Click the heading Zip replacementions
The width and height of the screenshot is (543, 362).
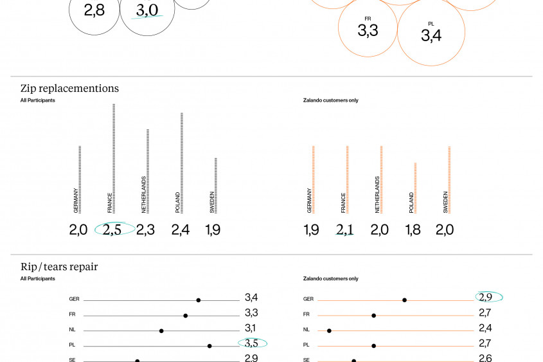(x=69, y=89)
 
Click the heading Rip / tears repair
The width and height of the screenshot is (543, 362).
(x=59, y=267)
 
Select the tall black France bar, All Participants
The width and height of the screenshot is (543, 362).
(x=114, y=158)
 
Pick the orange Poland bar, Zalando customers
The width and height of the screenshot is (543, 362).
(x=415, y=187)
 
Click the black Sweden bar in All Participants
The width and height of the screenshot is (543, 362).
(x=215, y=185)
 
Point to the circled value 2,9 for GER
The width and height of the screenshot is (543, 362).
(x=485, y=297)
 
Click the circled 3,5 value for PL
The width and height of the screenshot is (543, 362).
(x=251, y=344)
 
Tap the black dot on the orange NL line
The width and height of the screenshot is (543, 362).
(x=329, y=331)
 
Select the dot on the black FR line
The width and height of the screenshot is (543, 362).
(x=186, y=316)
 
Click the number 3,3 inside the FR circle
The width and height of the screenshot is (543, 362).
(x=368, y=30)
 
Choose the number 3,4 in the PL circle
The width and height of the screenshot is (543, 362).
(x=431, y=35)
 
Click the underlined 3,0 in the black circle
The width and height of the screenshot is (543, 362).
(x=147, y=10)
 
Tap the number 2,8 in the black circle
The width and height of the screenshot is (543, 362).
(x=94, y=10)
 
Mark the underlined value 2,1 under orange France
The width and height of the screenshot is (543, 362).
(x=345, y=230)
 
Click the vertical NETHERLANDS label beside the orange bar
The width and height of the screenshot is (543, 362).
(x=377, y=195)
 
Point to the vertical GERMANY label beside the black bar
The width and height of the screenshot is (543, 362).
(x=76, y=201)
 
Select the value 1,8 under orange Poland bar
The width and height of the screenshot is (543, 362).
(x=413, y=230)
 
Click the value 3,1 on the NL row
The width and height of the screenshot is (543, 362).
(x=251, y=329)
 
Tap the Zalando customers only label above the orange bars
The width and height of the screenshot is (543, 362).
(x=330, y=100)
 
